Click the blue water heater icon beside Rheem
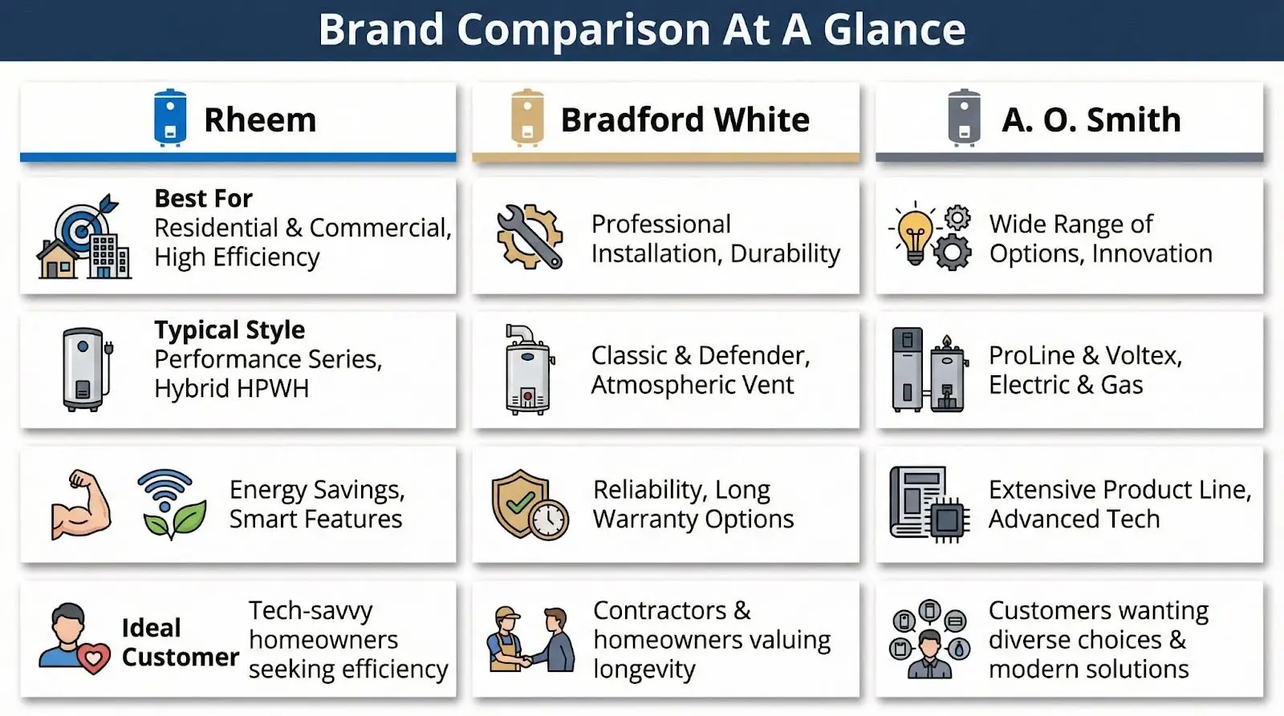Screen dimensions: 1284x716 click(170, 118)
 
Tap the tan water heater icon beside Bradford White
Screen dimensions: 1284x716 click(527, 118)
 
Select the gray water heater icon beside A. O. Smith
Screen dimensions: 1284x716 click(964, 118)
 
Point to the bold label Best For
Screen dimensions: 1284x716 click(204, 199)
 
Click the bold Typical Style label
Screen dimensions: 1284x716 click(230, 330)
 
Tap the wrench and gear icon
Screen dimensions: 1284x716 click(530, 237)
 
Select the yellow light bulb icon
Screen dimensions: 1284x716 click(915, 234)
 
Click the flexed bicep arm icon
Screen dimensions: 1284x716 click(81, 504)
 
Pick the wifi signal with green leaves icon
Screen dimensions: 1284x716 click(172, 504)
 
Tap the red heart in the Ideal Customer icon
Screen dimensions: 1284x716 click(94, 658)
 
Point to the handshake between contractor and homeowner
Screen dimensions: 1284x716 click(524, 661)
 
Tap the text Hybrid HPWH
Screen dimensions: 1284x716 click(232, 389)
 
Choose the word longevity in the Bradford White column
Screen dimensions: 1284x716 click(644, 669)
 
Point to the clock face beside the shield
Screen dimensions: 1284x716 click(549, 520)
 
